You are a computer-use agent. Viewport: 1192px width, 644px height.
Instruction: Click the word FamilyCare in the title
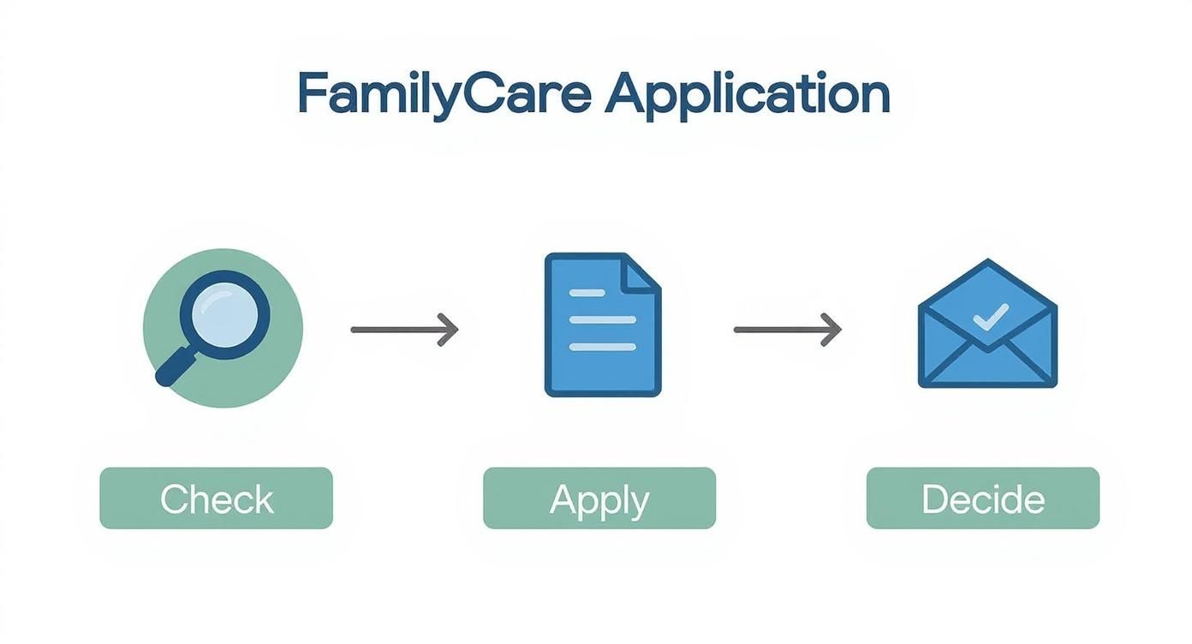(444, 94)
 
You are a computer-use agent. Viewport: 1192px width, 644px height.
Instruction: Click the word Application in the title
(747, 96)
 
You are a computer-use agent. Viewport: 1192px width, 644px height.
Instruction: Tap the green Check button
(216, 498)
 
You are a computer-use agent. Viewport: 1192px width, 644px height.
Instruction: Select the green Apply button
(599, 498)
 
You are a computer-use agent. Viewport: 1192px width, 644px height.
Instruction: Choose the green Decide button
(983, 498)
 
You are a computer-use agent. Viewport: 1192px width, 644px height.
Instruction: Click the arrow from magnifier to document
(404, 329)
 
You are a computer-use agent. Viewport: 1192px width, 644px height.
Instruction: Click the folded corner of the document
(642, 271)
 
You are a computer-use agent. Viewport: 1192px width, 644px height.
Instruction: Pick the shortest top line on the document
(587, 293)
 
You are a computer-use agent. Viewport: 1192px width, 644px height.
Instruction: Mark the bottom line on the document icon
(602, 347)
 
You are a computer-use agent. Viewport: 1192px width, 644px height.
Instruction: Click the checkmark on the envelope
(990, 316)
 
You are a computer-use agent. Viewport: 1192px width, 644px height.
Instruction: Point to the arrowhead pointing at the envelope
(832, 329)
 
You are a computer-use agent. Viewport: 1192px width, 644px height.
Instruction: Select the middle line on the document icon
(602, 319)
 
